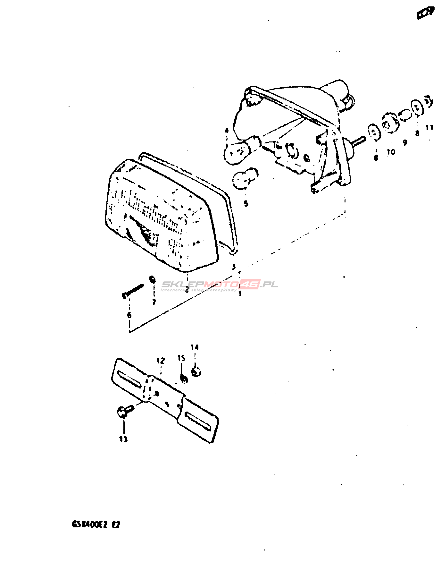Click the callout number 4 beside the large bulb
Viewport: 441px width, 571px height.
click(x=227, y=131)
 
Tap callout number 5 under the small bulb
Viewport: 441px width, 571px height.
click(x=246, y=203)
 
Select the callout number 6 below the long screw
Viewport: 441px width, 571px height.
click(x=129, y=315)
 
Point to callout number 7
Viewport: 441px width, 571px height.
click(x=154, y=302)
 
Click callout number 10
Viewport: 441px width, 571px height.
click(x=391, y=152)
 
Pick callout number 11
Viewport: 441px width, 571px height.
click(x=429, y=127)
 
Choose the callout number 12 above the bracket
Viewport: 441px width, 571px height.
click(x=161, y=361)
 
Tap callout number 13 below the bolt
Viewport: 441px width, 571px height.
click(x=123, y=439)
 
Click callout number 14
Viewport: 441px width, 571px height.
click(x=195, y=347)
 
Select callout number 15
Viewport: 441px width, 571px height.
click(x=181, y=358)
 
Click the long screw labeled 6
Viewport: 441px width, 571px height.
click(x=133, y=290)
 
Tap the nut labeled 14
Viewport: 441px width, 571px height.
click(x=196, y=372)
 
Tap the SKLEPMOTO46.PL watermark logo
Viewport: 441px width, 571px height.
click(x=220, y=285)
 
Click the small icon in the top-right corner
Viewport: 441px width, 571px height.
click(x=426, y=13)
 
